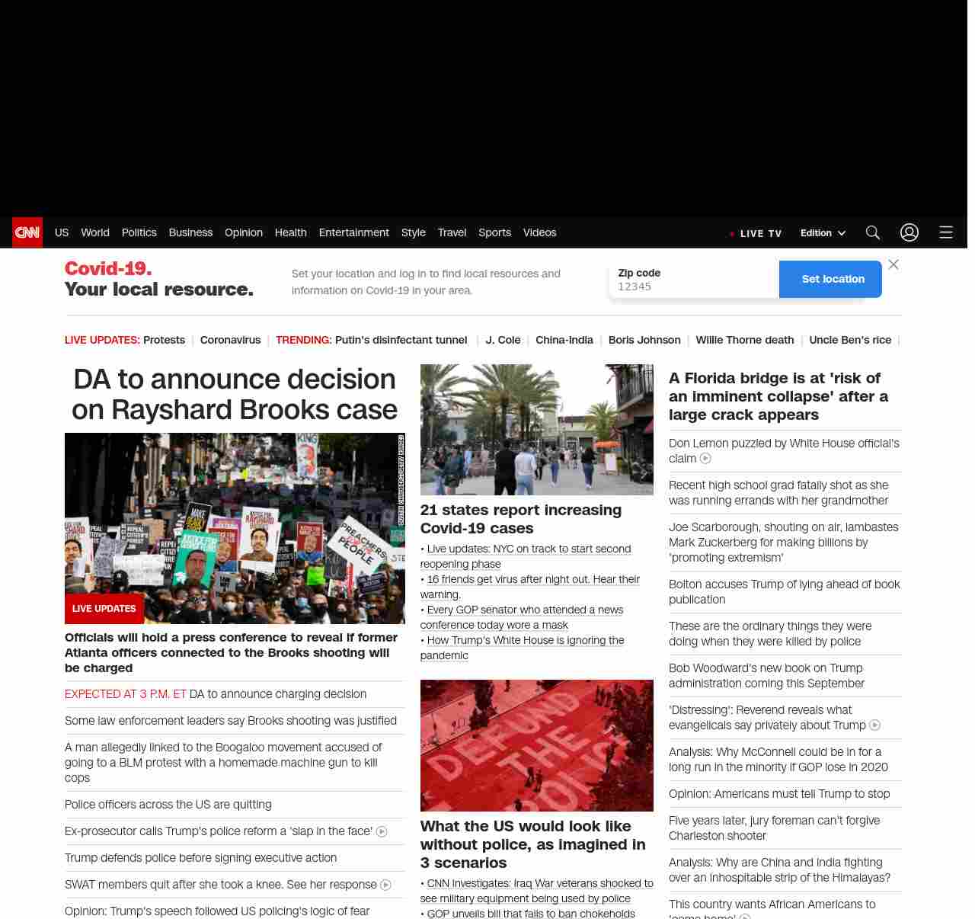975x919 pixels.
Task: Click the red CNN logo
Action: pyautogui.click(x=27, y=232)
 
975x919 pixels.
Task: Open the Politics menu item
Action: pyautogui.click(x=139, y=232)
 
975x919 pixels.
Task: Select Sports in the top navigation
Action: pyautogui.click(x=494, y=232)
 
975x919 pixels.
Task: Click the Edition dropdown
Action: pyautogui.click(x=823, y=233)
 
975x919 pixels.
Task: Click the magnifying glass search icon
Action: pyautogui.click(x=873, y=232)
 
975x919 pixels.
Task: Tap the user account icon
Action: pyautogui.click(x=909, y=232)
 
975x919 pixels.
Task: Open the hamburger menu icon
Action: pyautogui.click(x=946, y=232)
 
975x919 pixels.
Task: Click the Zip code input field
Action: pyautogui.click(x=693, y=287)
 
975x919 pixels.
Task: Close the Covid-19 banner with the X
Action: pyautogui.click(x=893, y=264)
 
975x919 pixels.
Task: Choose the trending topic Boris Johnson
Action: pyautogui.click(x=644, y=340)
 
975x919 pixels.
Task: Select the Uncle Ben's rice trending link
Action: pyautogui.click(x=850, y=340)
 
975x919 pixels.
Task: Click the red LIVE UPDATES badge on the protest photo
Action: pyautogui.click(x=104, y=609)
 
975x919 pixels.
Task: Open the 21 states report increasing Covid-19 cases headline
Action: pyautogui.click(x=521, y=519)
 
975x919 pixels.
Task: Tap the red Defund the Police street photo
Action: pyautogui.click(x=537, y=745)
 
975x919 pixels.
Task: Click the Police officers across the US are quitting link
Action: pyautogui.click(x=168, y=805)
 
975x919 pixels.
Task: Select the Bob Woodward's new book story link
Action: pyautogui.click(x=766, y=676)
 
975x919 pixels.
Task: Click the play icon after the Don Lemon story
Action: pyautogui.click(x=705, y=459)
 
